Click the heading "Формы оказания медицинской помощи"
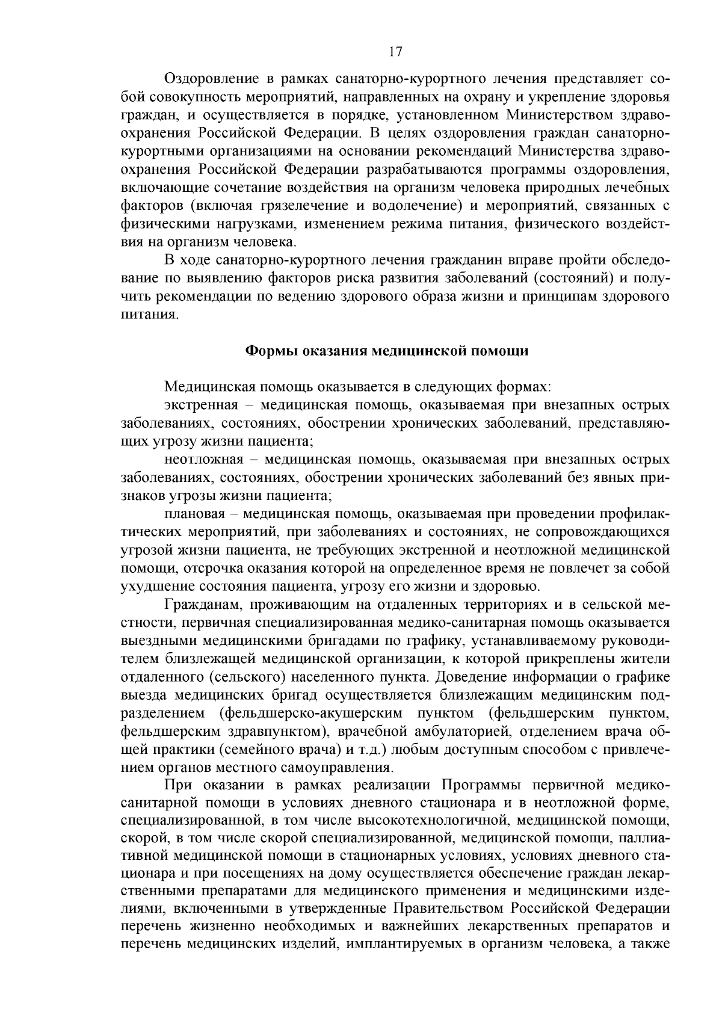tap(388, 351)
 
